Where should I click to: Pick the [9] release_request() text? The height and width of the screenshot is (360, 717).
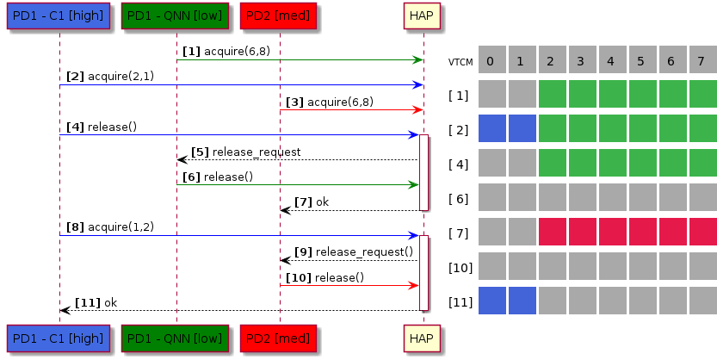[355, 252]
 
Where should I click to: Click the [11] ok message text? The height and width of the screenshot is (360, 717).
[96, 302]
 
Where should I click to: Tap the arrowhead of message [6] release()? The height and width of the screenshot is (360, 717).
[414, 184]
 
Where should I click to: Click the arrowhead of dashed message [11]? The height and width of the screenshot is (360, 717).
[65, 310]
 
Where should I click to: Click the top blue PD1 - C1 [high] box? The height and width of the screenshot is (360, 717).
[59, 16]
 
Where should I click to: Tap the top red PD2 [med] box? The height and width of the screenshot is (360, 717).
[279, 16]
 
